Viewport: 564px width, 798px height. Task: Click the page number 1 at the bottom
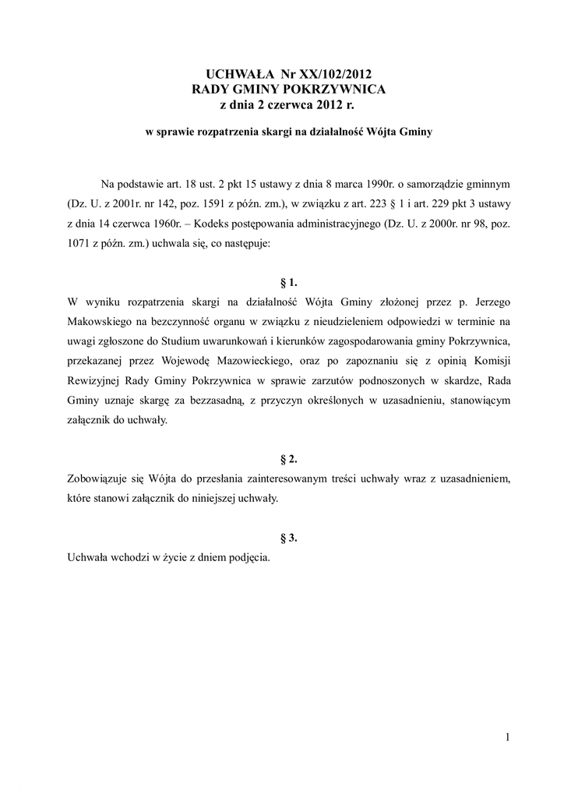click(x=506, y=737)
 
